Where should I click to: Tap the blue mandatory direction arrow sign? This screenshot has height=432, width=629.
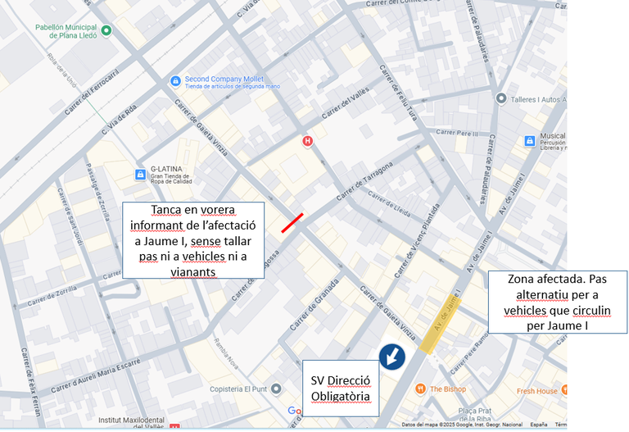(x=391, y=357)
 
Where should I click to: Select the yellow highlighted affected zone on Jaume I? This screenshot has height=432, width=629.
(x=441, y=325)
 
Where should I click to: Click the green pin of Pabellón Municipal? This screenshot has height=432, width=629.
(x=106, y=31)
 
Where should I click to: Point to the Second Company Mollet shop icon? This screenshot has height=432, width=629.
(x=174, y=80)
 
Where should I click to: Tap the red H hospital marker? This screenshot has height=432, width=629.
(x=308, y=140)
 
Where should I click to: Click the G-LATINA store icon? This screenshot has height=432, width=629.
(x=139, y=175)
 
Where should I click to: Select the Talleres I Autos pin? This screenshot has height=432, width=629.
(x=501, y=98)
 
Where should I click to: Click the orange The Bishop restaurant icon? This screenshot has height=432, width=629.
(x=419, y=389)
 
